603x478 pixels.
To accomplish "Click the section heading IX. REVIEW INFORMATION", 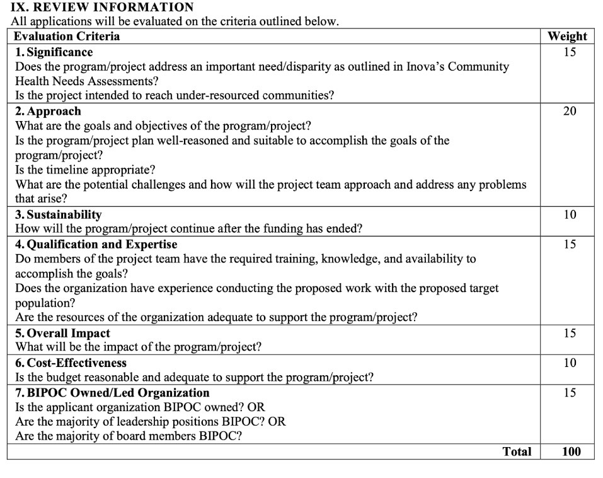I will [x=102, y=8].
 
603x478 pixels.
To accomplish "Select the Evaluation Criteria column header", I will [x=67, y=36].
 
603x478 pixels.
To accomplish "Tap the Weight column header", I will [x=567, y=36].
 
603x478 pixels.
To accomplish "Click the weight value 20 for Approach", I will [x=570, y=112].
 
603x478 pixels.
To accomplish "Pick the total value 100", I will [x=570, y=452].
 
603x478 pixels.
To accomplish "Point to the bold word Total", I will [x=517, y=452].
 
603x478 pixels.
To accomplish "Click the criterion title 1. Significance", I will [x=54, y=52].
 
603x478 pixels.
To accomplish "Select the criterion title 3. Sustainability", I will [x=58, y=214].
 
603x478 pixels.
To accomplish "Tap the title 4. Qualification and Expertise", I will [x=96, y=244].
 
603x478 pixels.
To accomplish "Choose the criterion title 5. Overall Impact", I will [x=62, y=333].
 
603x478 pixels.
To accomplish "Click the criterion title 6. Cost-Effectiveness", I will [x=71, y=363].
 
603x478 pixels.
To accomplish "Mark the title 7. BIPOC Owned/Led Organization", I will [x=112, y=392].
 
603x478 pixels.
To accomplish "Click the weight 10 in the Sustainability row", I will [x=570, y=215].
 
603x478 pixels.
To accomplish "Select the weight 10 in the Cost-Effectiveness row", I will [x=570, y=363].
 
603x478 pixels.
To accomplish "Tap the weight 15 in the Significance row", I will [x=570, y=52].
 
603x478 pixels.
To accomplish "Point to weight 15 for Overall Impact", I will [x=570, y=333].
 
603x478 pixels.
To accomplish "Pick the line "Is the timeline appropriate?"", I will [x=85, y=170].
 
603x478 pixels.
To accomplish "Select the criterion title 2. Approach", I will [x=48, y=112].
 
